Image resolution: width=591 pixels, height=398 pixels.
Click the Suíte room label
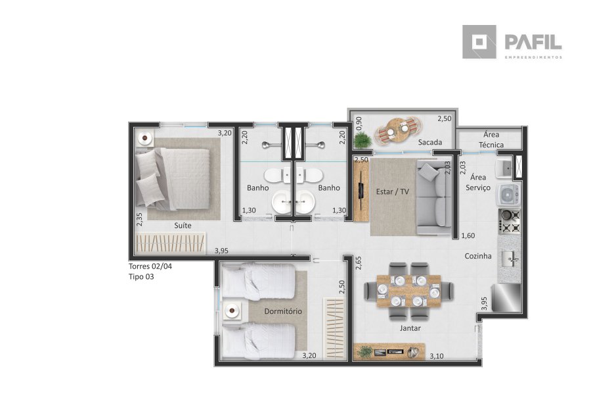183,226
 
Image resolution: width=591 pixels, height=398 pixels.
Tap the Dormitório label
283,312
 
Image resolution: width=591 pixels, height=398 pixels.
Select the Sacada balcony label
430,142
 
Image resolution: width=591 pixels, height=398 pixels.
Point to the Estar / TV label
393,192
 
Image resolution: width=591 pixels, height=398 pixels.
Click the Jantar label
410,328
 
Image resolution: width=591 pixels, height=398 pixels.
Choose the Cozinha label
478,256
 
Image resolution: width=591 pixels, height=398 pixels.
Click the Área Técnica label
491,139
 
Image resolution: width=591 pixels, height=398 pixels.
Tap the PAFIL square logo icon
479,42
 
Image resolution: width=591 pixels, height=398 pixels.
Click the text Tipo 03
141,277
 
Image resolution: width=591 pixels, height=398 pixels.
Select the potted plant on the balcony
362,141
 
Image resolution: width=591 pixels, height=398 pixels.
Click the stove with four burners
510,221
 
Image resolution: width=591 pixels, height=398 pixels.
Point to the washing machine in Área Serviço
509,195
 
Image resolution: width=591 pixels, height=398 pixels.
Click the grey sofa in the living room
434,197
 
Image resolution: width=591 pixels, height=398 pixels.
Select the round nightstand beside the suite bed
144,138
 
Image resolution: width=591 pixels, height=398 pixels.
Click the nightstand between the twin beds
232,311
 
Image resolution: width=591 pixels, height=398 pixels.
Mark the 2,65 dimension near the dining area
359,263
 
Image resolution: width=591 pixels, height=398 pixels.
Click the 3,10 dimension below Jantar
437,356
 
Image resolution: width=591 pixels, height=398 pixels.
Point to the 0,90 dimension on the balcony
359,124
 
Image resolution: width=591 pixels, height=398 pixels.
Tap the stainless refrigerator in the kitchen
506,298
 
